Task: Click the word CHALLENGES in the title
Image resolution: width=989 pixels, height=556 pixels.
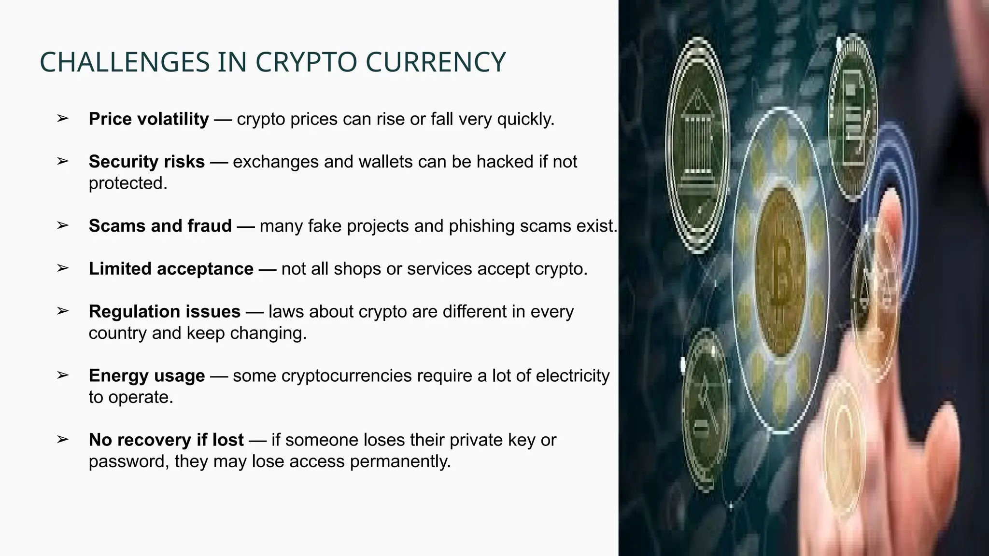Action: click(125, 62)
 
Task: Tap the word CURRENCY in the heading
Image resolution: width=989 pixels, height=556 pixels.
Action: click(436, 62)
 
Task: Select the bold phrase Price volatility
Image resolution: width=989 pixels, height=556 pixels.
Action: click(149, 119)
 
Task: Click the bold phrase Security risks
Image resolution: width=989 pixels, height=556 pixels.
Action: click(147, 162)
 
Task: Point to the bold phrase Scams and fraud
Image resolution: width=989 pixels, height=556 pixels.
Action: click(160, 226)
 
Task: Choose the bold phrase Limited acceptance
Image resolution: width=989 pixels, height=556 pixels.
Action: click(171, 269)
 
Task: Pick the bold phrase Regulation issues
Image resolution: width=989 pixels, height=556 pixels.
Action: click(165, 312)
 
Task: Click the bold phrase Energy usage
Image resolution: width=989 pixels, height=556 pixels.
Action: click(147, 376)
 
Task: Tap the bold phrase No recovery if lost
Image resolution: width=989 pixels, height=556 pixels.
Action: click(166, 440)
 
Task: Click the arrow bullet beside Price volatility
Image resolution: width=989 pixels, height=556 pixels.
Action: click(62, 118)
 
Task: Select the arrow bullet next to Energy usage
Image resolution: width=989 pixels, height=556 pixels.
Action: click(62, 375)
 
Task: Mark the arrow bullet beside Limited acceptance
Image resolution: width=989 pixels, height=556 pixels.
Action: click(62, 268)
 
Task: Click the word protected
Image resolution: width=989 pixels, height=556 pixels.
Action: click(127, 183)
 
